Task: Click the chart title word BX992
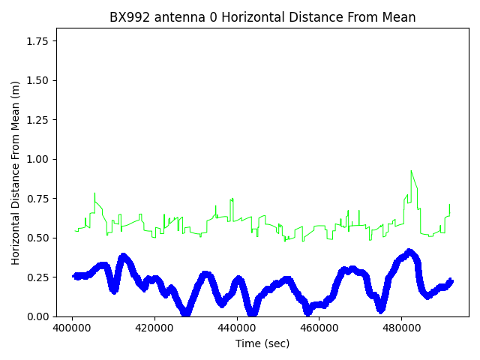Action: click(129, 17)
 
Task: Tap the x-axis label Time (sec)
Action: click(262, 343)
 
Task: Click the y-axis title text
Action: click(16, 172)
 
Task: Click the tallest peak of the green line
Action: click(412, 172)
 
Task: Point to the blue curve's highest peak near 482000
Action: click(409, 251)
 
